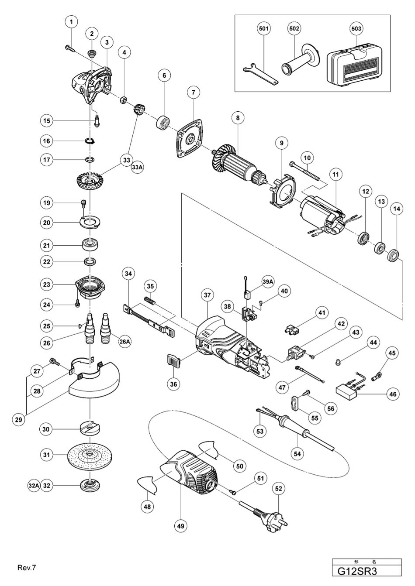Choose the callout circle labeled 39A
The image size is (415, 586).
[280, 282]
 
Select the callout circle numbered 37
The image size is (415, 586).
[207, 295]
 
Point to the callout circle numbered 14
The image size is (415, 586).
[397, 209]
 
